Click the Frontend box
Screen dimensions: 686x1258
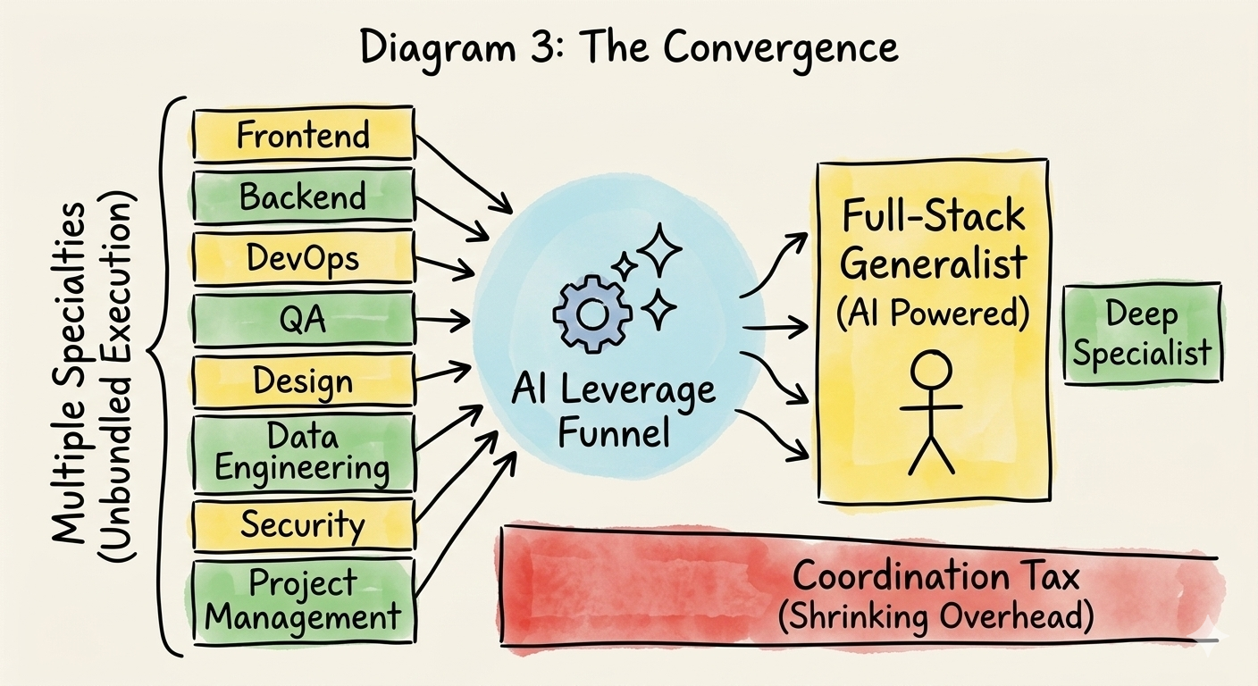(303, 136)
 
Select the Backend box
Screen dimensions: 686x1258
(303, 197)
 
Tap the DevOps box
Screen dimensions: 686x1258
(303, 258)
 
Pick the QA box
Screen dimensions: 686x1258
(303, 320)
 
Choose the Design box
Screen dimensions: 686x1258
(303, 381)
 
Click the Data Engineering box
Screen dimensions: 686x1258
(303, 453)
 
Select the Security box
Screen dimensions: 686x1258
(303, 524)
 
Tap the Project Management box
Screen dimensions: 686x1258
(303, 599)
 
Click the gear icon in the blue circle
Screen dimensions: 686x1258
(591, 314)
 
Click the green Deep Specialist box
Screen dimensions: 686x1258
(1142, 332)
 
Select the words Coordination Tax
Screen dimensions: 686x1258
(935, 576)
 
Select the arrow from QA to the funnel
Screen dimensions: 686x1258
(442, 317)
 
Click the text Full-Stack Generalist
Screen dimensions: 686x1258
(934, 239)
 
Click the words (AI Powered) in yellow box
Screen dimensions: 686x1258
(934, 314)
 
